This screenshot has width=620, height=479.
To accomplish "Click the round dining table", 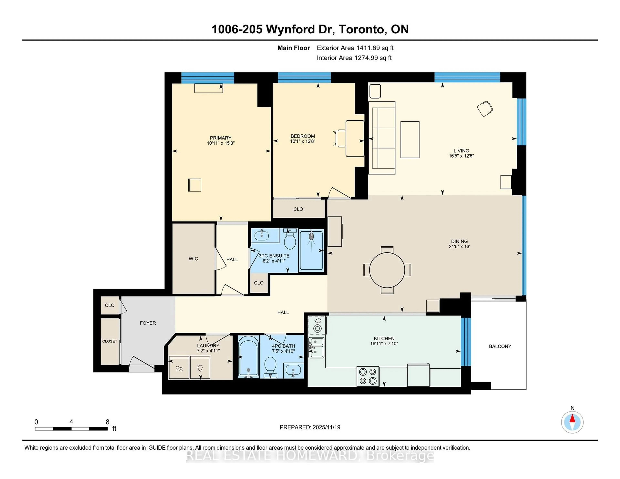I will pyautogui.click(x=387, y=270).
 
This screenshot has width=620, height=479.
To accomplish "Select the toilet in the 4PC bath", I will pyautogui.click(x=270, y=367).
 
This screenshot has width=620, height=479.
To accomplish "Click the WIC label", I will pyautogui.click(x=193, y=259).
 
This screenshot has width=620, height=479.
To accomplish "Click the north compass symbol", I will pyautogui.click(x=572, y=422).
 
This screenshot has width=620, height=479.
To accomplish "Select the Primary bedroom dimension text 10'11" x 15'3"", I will pyautogui.click(x=221, y=143).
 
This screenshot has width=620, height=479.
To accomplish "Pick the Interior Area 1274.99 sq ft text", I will pyautogui.click(x=354, y=58).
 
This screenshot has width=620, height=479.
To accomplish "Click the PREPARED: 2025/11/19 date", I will pyautogui.click(x=310, y=427).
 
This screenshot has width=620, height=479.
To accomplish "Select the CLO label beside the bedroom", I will pyautogui.click(x=298, y=209).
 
